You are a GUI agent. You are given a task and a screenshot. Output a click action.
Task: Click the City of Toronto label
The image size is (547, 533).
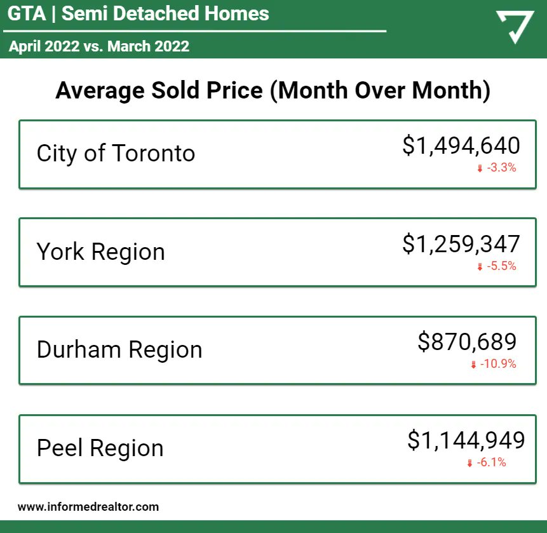116,154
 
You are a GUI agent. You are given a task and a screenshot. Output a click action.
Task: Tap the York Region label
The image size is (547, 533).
100,252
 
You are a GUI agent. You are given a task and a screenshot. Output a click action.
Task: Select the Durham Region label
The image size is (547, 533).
119,350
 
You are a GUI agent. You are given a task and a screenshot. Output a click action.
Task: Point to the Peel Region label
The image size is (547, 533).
100,448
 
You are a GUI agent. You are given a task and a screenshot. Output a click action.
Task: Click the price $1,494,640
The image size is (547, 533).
461,145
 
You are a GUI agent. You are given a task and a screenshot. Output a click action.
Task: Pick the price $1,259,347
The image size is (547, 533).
461,244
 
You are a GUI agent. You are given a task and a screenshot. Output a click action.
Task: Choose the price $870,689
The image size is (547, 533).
467,342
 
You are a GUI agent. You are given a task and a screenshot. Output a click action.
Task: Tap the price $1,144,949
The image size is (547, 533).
466,440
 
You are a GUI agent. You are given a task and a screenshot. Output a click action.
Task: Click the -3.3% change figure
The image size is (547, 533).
501,168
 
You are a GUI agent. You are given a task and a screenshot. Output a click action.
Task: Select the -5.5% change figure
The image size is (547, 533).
501,267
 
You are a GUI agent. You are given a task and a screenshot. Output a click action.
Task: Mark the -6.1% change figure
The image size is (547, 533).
491,463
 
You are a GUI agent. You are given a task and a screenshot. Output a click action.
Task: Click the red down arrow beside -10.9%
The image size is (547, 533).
473,365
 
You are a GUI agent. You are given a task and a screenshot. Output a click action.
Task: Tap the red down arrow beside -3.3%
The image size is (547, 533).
480,168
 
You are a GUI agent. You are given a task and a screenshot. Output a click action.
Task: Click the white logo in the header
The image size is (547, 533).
514,27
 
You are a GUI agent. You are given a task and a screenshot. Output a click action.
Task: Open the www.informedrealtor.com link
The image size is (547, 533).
88,507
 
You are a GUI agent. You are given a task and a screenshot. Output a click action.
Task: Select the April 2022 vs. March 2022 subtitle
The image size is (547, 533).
99,46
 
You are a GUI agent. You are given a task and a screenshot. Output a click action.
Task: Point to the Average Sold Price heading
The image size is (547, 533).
273,91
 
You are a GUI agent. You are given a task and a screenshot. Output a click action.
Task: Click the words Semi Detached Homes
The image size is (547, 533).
165,13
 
